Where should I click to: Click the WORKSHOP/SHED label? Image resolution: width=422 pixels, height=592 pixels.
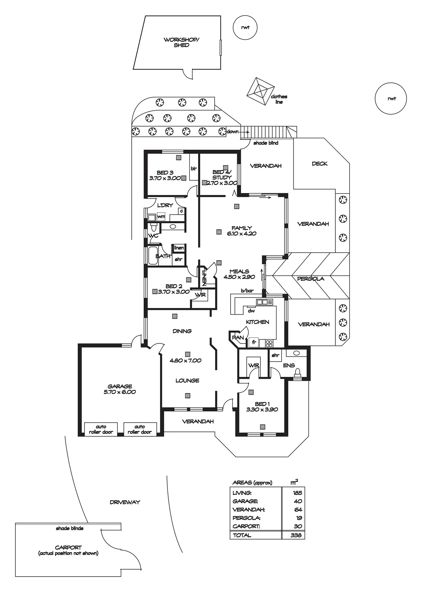click(x=181, y=42)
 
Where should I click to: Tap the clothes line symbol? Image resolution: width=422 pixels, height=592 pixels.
click(x=260, y=91)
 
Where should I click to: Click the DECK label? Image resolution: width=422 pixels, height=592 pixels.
click(x=319, y=163)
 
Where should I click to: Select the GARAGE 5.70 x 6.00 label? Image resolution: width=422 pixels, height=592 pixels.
click(x=120, y=389)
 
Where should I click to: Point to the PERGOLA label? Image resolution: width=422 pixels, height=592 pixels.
click(x=310, y=279)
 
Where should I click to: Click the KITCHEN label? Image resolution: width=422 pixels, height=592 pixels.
click(x=257, y=322)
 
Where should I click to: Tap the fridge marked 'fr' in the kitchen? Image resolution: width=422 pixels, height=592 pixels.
click(x=254, y=342)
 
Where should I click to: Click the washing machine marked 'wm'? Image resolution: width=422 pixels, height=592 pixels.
click(x=161, y=217)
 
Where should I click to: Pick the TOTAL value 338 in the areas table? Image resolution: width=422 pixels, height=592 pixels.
click(x=296, y=535)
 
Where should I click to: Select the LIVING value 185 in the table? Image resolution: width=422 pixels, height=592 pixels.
click(x=297, y=493)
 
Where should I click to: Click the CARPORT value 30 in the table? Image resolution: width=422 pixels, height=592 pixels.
click(x=298, y=526)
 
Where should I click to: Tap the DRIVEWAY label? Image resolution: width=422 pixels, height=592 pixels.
click(x=125, y=502)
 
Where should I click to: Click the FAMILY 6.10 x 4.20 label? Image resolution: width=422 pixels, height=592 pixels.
click(x=242, y=231)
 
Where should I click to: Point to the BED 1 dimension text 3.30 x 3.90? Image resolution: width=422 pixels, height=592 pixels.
click(x=262, y=409)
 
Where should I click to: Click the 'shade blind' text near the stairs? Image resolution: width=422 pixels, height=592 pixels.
click(x=266, y=143)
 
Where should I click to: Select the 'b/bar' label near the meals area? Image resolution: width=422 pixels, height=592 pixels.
click(x=247, y=291)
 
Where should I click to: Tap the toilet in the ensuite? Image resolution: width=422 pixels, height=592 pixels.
click(x=298, y=373)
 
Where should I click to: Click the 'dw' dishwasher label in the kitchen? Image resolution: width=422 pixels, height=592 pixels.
click(x=251, y=311)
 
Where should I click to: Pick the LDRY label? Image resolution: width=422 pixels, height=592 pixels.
click(x=165, y=205)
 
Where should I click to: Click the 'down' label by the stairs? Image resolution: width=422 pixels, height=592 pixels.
click(x=233, y=132)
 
